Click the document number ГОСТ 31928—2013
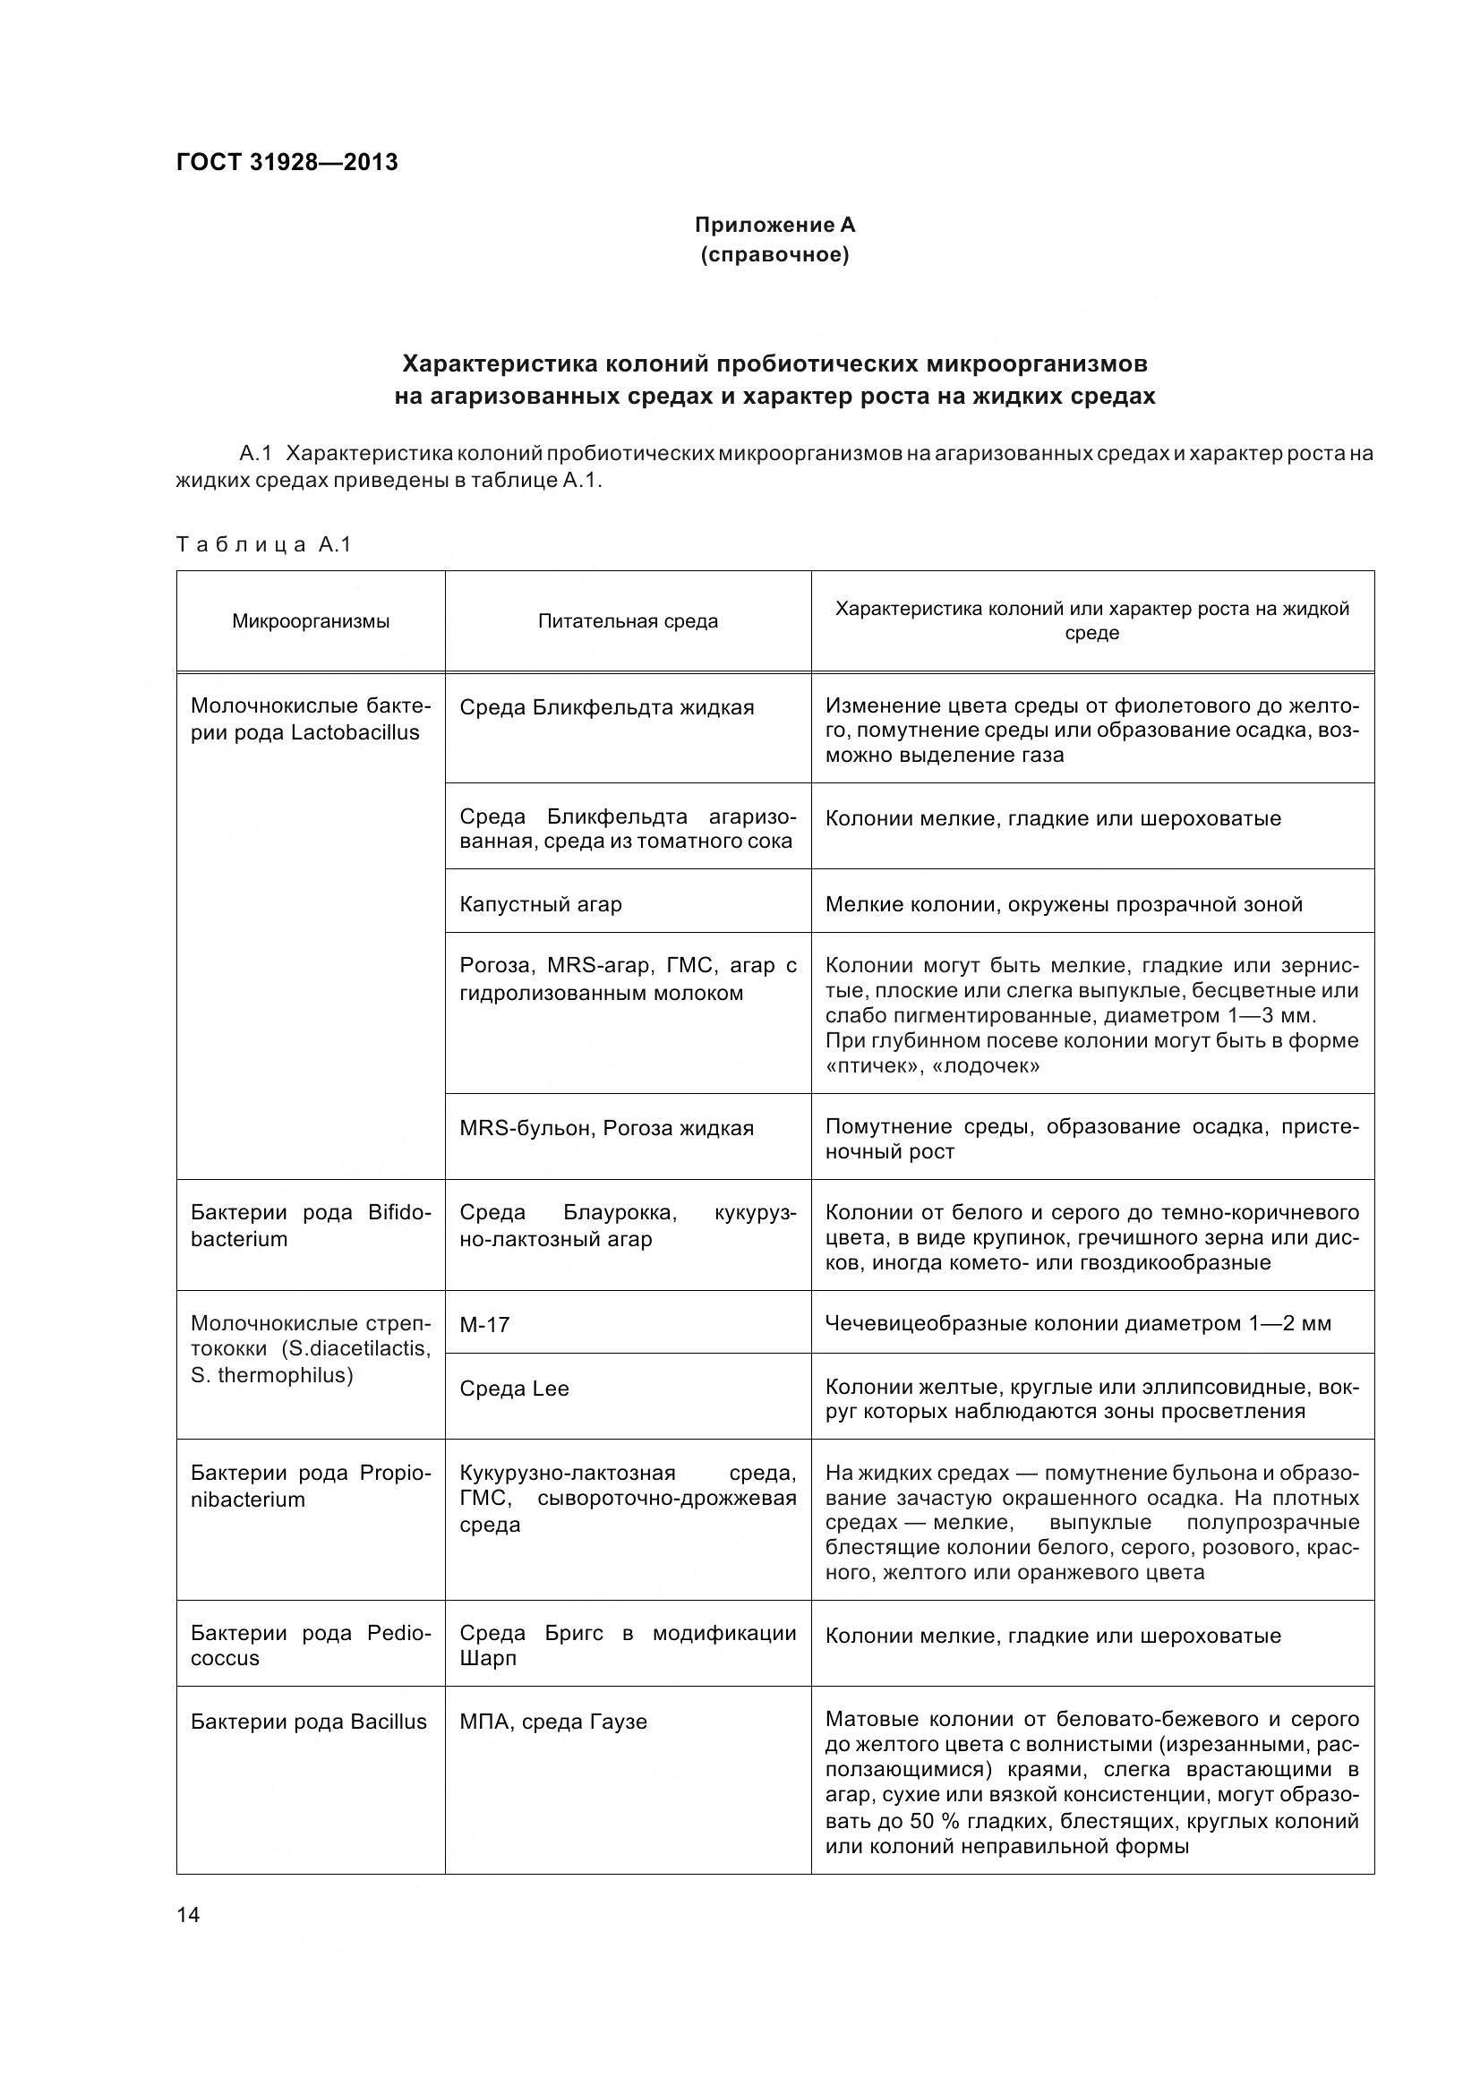coord(287,162)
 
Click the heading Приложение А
coord(774,225)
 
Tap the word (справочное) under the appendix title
coord(774,255)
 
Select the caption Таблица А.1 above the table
coord(263,544)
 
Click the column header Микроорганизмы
coord(310,621)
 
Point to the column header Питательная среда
coord(628,621)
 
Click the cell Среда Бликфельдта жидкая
coord(606,708)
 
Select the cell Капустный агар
coord(541,905)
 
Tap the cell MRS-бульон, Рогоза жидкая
coord(606,1128)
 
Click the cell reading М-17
coord(484,1324)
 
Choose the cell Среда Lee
coord(514,1389)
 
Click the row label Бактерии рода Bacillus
coord(308,1722)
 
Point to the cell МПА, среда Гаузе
coord(553,1722)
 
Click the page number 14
coord(188,1915)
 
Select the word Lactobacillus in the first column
coord(355,732)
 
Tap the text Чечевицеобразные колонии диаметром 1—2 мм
coord(1078,1323)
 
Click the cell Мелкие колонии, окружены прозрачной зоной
coord(1064,905)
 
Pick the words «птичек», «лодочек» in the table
coord(932,1065)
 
